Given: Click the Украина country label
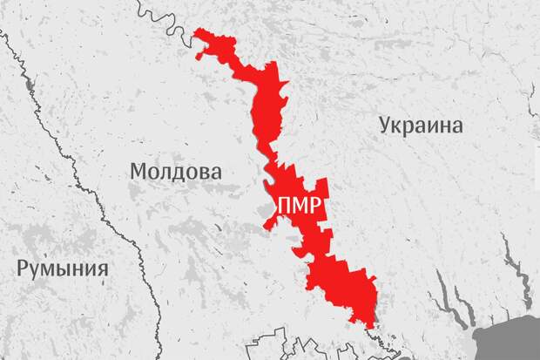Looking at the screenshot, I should (421, 125).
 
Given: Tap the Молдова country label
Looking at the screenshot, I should (174, 171).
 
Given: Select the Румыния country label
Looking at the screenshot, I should (63, 268).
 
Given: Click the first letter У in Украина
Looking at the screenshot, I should (386, 126).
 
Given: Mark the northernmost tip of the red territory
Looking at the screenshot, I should (199, 31).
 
